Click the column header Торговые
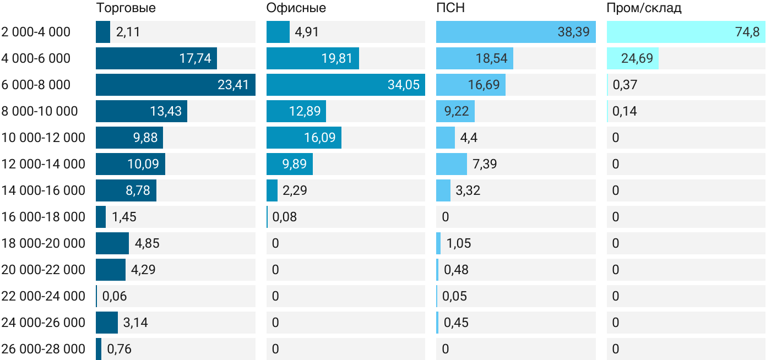(126, 8)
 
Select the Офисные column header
(296, 8)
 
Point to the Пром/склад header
(644, 8)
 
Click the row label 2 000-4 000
(36, 32)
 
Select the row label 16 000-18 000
(44, 217)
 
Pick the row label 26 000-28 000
(44, 349)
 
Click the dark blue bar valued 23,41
(175, 85)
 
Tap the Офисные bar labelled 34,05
(345, 85)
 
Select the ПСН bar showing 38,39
(515, 32)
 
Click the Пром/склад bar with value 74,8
(686, 32)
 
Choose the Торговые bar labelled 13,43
(142, 111)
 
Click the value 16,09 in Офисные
(319, 138)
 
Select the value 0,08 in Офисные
(284, 217)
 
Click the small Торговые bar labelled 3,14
(107, 323)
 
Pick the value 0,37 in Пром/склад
(625, 85)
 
